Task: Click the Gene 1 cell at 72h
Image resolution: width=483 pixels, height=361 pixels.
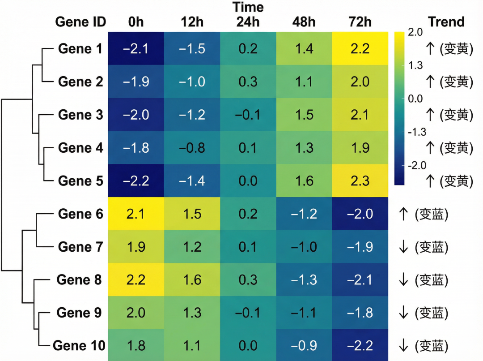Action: tap(360, 48)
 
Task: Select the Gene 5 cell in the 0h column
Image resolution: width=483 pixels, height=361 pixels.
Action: tap(136, 180)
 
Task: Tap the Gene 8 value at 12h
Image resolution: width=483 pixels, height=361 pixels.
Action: tap(192, 280)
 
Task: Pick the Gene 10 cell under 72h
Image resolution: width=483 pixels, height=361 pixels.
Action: tap(360, 345)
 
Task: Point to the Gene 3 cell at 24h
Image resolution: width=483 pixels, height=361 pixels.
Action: tap(248, 115)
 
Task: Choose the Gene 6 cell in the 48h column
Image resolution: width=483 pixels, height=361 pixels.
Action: tap(304, 214)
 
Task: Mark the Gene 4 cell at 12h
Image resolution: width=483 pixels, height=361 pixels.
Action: tap(192, 148)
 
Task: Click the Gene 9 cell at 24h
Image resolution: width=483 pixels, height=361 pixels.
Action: tap(248, 313)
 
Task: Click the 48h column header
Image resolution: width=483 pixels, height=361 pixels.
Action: tap(304, 21)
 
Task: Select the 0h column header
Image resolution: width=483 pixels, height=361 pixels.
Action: tap(136, 21)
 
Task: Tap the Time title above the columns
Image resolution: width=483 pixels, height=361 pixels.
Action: tap(248, 8)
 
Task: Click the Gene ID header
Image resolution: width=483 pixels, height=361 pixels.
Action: tap(80, 21)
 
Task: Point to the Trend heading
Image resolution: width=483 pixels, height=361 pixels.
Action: tap(446, 21)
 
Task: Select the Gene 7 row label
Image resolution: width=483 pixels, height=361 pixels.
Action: tap(80, 247)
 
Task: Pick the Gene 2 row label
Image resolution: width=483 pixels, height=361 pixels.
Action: tap(80, 82)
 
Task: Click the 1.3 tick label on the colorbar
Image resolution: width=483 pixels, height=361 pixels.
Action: tap(415, 65)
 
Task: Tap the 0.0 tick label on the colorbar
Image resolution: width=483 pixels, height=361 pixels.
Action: tap(415, 99)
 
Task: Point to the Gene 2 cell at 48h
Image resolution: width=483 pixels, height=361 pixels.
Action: tap(304, 82)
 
